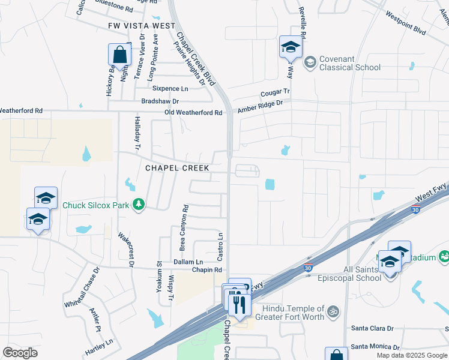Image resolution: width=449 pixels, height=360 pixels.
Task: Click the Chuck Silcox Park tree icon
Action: coord(139,205)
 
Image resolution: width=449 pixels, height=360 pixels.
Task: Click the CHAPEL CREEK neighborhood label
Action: coord(177,169)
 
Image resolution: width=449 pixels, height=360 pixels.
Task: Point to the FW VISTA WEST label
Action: coord(142,26)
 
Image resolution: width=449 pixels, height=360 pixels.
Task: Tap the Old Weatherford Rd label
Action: coord(193,113)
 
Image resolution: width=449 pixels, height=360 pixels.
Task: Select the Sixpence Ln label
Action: coord(170,89)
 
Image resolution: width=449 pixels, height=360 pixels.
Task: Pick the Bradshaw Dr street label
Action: coord(160,101)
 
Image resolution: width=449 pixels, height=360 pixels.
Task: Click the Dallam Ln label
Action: coord(188,262)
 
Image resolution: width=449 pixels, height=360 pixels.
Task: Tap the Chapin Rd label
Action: coord(207,270)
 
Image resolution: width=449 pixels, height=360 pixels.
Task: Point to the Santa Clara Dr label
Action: coord(372,329)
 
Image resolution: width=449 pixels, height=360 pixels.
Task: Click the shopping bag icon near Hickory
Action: coord(119,55)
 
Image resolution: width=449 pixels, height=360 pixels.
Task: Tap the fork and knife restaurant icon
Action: coord(240,304)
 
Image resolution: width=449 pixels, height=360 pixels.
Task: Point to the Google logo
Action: coord(20,353)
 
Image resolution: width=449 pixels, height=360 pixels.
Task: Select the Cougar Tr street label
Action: coord(275,93)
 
